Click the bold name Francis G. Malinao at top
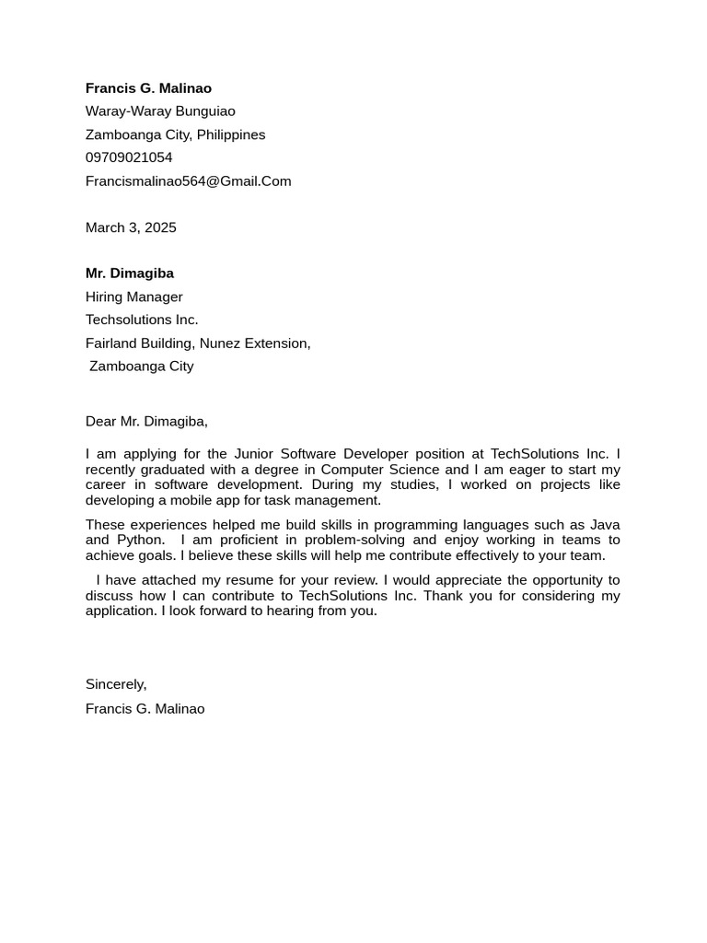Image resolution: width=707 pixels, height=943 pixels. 148,88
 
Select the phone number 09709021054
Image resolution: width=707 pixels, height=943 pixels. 129,157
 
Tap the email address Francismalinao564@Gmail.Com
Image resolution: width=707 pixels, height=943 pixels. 188,181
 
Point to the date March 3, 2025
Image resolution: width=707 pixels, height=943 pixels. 131,227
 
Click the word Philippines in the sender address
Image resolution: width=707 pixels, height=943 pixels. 231,134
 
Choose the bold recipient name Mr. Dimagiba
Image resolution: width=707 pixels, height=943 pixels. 130,274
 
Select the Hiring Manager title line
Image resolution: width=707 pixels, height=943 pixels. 134,297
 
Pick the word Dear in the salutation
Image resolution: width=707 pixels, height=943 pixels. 101,422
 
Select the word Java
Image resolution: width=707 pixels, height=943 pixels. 605,525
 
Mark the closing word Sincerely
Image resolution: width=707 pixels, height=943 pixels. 115,684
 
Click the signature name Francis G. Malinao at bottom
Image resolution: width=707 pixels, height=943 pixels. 145,709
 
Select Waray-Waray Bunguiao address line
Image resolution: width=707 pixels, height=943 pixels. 160,111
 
